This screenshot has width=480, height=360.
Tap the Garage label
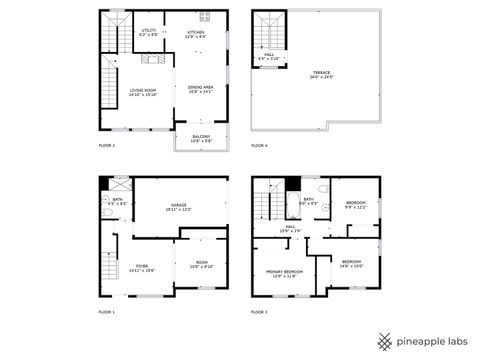click(180, 207)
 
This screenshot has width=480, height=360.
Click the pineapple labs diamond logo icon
click(383, 340)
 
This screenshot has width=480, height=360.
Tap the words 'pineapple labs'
click(431, 340)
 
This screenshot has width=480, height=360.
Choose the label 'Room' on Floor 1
click(201, 265)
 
